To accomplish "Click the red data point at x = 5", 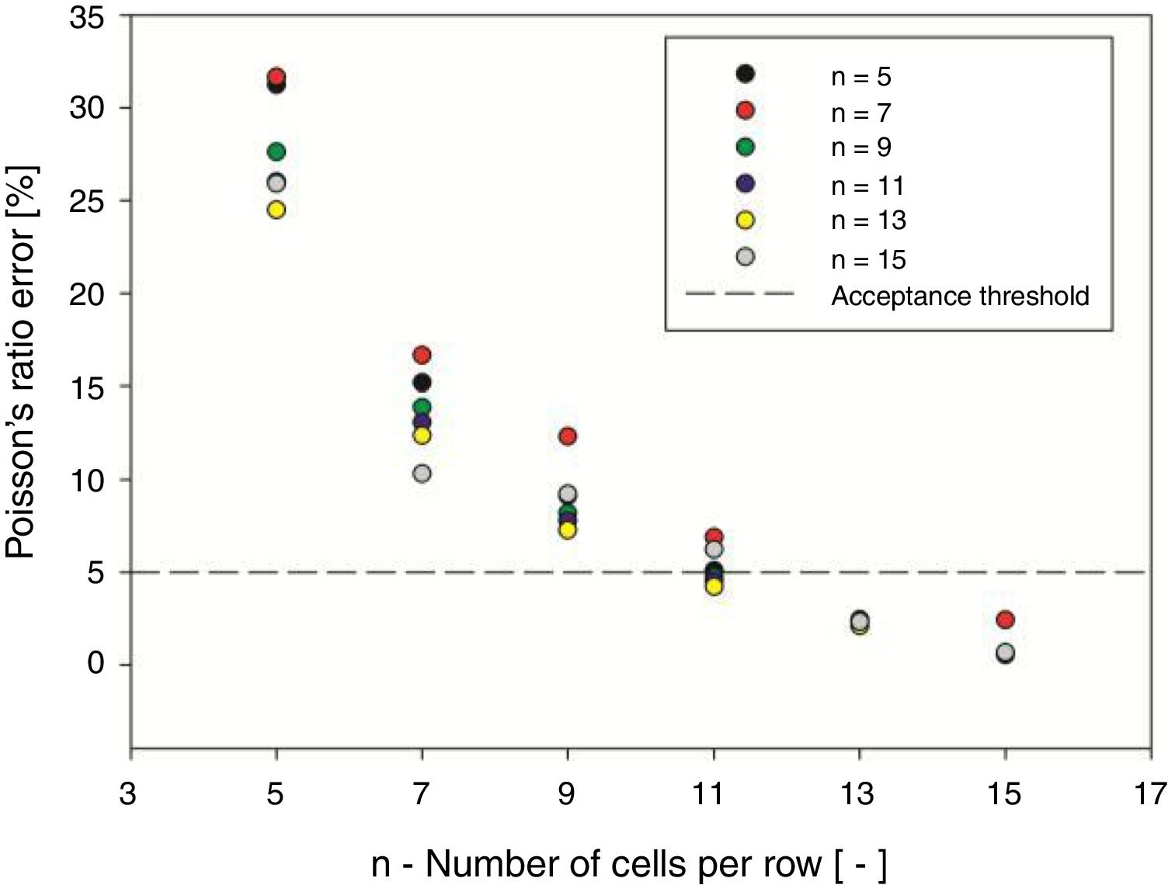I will click(276, 76).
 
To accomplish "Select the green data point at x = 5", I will click(276, 151).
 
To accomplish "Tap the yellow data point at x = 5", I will click(276, 210).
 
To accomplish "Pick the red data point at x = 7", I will click(422, 356).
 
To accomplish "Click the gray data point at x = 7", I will click(422, 474).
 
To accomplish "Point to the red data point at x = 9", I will click(568, 436).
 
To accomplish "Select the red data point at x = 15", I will click(1005, 619).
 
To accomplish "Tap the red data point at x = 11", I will click(714, 536).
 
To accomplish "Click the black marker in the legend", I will click(745, 74).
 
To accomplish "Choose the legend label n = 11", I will click(867, 186).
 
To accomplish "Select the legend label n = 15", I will click(868, 259).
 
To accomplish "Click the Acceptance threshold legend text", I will click(960, 296).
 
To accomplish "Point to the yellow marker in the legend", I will click(745, 220).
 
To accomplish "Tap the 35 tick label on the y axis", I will click(86, 17).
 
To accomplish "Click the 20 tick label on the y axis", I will click(86, 294).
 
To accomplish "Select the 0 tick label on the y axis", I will click(96, 664).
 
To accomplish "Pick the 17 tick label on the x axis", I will click(1150, 794).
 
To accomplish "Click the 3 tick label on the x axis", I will click(128, 794).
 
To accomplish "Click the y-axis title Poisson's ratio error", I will click(21, 361).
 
